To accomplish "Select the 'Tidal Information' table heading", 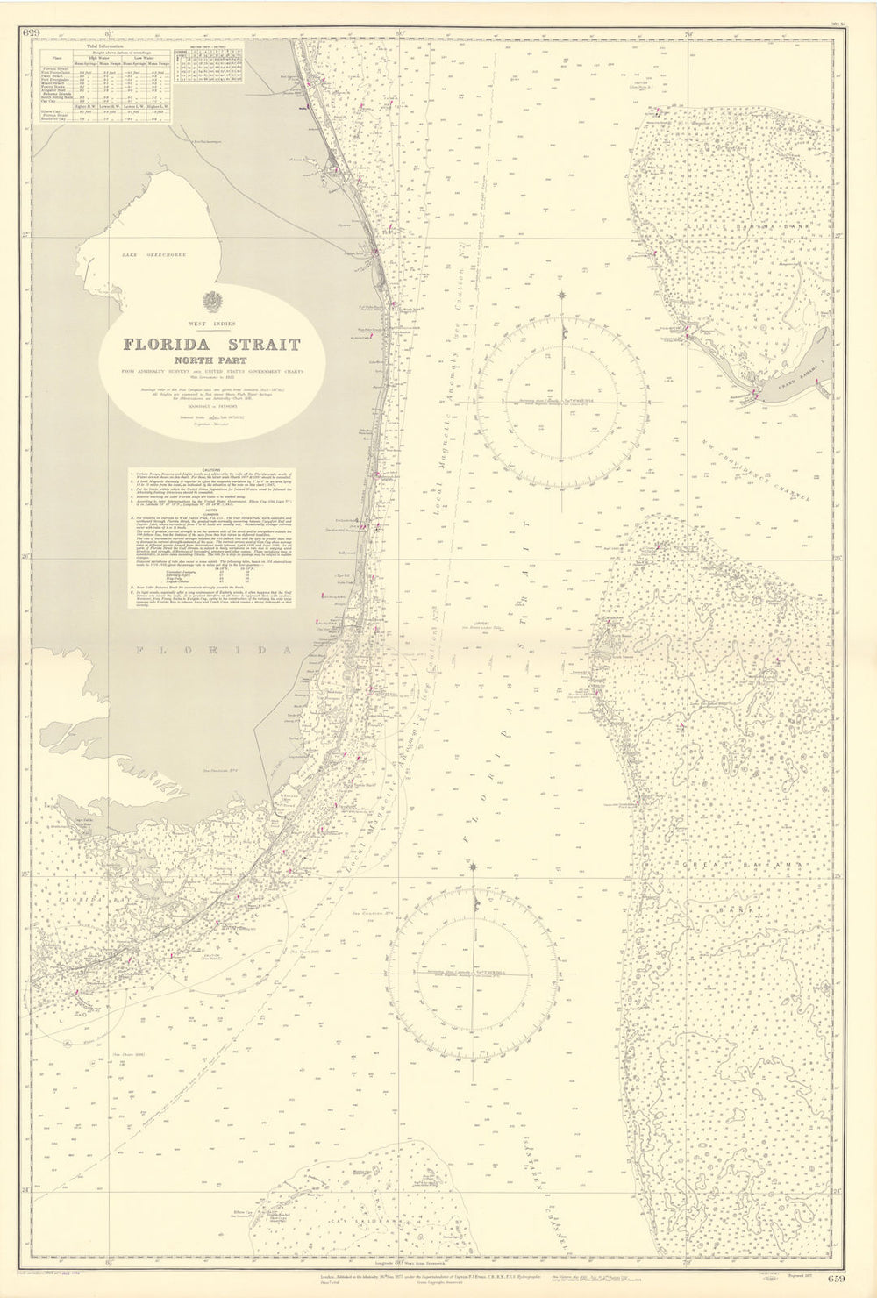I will pyautogui.click(x=103, y=47).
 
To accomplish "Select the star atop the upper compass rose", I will pyautogui.click(x=561, y=294).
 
